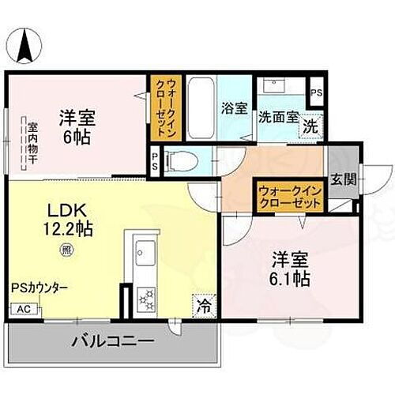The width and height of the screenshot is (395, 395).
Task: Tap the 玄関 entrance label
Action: pos(343,179)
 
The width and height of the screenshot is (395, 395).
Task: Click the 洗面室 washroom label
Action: pos(278,115)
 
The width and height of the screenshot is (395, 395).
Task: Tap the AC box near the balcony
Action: pos(24,309)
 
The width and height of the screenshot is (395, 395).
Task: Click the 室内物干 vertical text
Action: pos(32,141)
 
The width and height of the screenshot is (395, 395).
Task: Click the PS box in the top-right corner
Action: pos(316,92)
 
